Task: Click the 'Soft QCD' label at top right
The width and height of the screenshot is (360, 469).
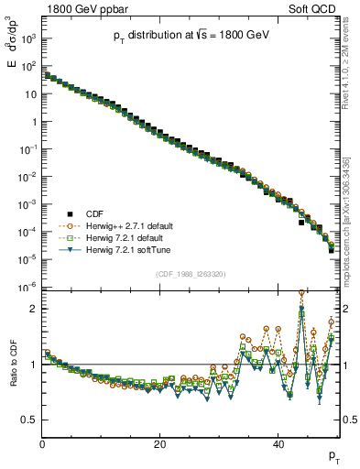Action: (315, 8)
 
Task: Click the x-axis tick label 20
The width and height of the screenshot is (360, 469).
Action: (160, 443)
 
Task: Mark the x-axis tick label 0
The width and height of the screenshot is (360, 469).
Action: (42, 443)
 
